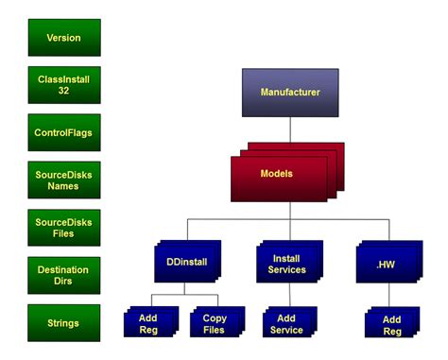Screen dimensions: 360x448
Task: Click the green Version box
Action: tap(64, 38)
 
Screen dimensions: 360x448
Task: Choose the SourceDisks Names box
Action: tap(64, 180)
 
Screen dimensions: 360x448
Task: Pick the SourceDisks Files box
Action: tap(64, 228)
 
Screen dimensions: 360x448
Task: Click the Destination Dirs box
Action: tap(64, 275)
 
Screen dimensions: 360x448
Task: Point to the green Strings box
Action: tap(64, 323)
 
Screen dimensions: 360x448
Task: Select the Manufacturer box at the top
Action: tap(290, 93)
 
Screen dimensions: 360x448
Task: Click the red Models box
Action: tap(277, 176)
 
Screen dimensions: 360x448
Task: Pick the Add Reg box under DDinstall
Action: tap(149, 324)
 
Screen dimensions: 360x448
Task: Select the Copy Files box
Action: tap(215, 324)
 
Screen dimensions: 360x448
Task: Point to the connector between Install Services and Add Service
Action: tap(289, 297)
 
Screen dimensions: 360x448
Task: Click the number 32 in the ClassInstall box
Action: tap(64, 91)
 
